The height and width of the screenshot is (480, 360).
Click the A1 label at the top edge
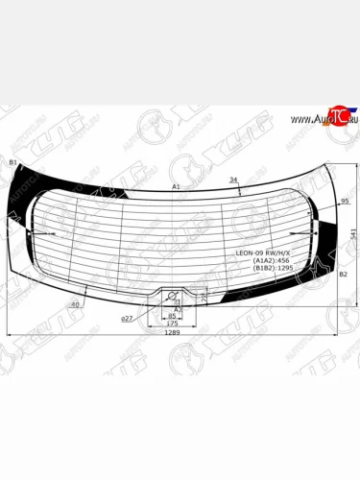(176, 185)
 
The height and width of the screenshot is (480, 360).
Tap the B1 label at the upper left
(12, 163)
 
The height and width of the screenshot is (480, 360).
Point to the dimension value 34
(232, 180)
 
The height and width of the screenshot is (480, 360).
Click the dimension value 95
(345, 202)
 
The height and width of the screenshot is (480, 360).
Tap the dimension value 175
(172, 324)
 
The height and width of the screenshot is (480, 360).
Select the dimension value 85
(172, 315)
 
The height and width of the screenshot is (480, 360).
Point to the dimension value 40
(75, 304)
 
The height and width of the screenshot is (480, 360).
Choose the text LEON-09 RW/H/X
(262, 252)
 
